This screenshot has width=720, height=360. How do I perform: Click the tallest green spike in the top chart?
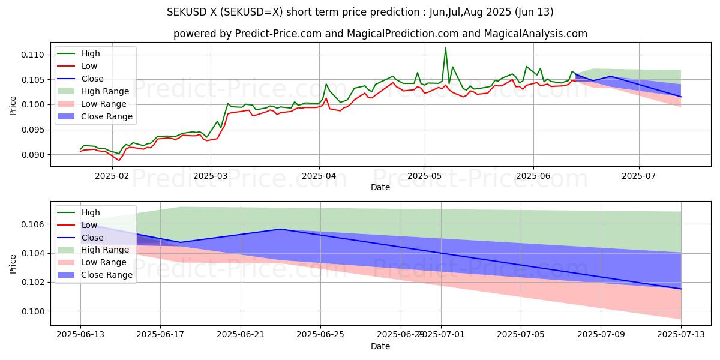pyautogui.click(x=445, y=48)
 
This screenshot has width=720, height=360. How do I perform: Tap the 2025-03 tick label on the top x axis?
pyautogui.click(x=210, y=176)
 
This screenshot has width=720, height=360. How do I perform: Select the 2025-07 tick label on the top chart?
pyautogui.click(x=639, y=176)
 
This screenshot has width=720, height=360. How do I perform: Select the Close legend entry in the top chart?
pyautogui.click(x=92, y=79)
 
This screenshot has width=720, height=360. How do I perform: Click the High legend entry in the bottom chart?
pyautogui.click(x=91, y=212)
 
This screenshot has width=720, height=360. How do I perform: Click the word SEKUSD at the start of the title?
pyautogui.click(x=184, y=12)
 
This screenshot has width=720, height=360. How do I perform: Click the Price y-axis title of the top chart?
pyautogui.click(x=13, y=106)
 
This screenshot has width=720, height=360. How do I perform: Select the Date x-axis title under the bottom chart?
pyautogui.click(x=380, y=346)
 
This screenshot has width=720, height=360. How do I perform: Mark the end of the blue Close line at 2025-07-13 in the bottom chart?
pyautogui.click(x=681, y=289)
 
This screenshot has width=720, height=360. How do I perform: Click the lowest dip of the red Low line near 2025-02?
pyautogui.click(x=119, y=160)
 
